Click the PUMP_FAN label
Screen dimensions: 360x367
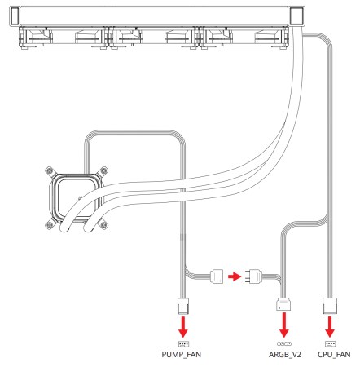tap(182, 355)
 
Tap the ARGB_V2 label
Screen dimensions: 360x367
tap(285, 355)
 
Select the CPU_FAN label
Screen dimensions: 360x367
tap(334, 355)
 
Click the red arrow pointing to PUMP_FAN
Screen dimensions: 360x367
tap(183, 327)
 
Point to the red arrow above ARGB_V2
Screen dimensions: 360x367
tap(284, 325)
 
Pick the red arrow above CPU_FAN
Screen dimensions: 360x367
tap(330, 327)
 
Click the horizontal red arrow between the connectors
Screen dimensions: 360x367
tap(235, 276)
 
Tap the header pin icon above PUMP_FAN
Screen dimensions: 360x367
tap(183, 344)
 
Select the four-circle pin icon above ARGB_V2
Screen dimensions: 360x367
tap(284, 344)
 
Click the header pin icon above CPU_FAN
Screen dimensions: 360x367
tap(330, 344)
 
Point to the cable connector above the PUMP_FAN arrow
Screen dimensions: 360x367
tap(183, 306)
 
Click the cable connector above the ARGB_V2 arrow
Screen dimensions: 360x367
tap(283, 304)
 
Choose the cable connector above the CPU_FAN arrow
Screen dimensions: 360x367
tap(330, 306)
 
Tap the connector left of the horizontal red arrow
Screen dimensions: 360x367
tap(217, 276)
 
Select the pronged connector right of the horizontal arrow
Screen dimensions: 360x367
tap(253, 276)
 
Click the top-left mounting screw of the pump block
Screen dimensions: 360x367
tap(50, 171)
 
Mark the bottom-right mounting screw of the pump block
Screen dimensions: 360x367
tap(103, 225)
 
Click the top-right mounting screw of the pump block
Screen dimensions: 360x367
tap(103, 171)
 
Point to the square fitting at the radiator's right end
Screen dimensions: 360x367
tap(296, 16)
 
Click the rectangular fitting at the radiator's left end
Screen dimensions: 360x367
tap(15, 16)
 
